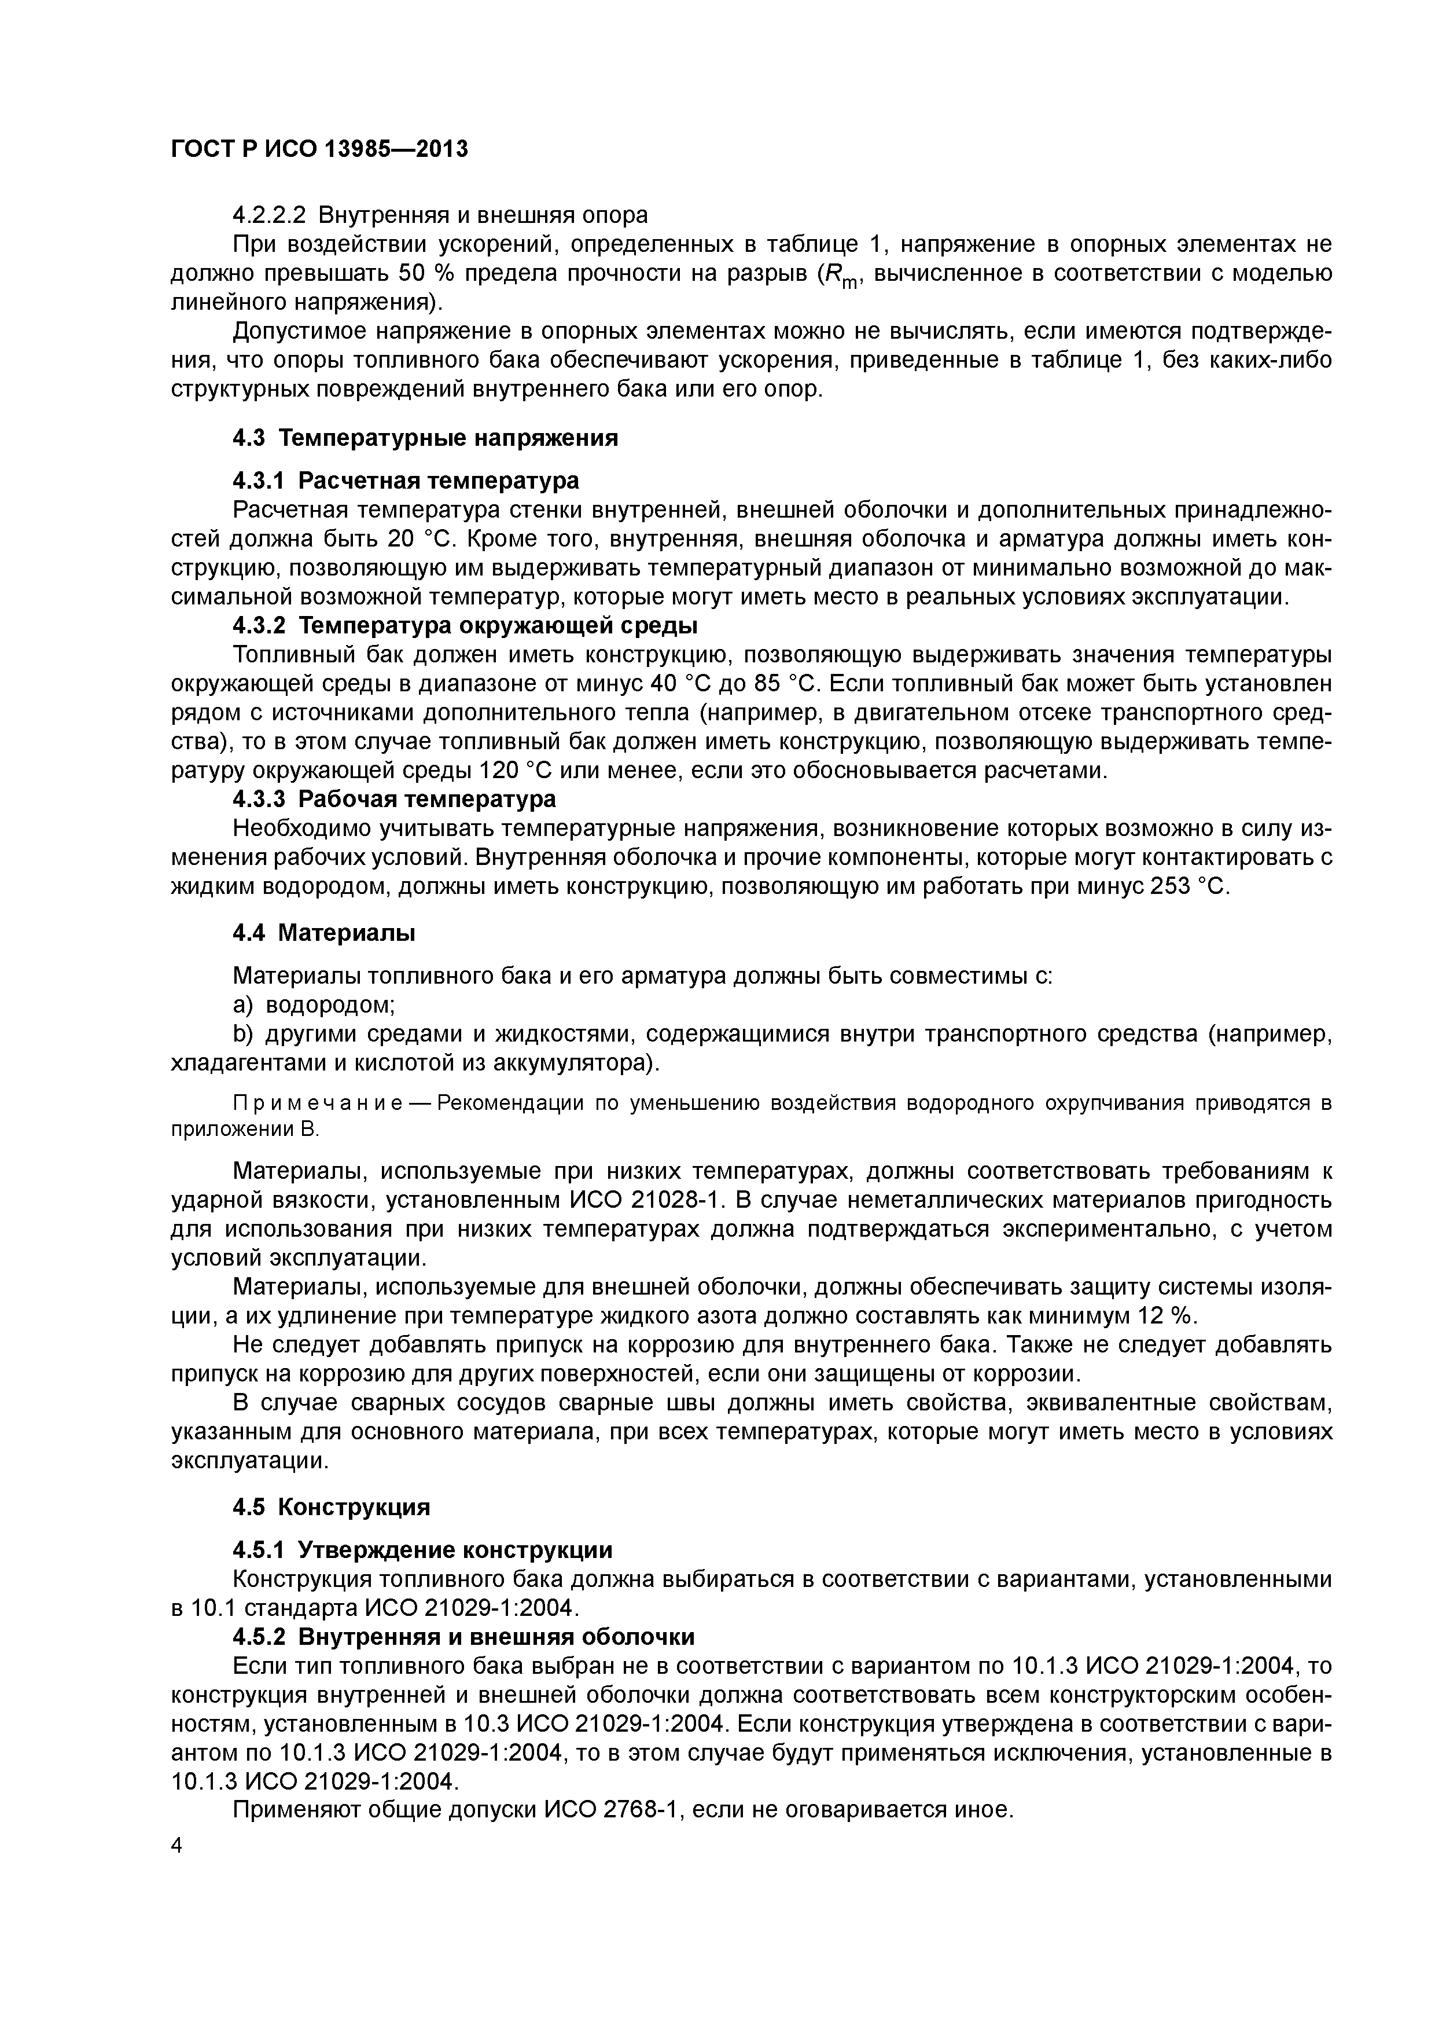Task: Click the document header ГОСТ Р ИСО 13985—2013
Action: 318,149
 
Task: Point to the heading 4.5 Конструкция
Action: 330,1506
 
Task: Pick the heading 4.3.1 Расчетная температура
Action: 406,481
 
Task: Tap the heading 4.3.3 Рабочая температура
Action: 395,799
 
